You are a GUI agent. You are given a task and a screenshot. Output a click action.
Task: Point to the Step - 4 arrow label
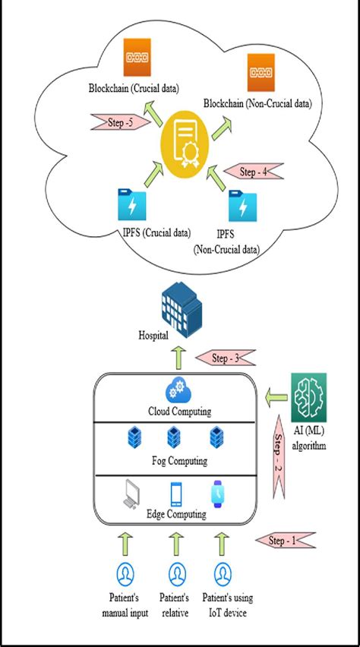(256, 172)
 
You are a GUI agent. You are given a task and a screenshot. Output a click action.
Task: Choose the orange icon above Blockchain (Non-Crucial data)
(264, 74)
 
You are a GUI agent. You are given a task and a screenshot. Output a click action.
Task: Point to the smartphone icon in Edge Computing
(176, 494)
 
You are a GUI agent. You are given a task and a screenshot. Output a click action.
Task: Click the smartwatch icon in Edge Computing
(220, 494)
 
